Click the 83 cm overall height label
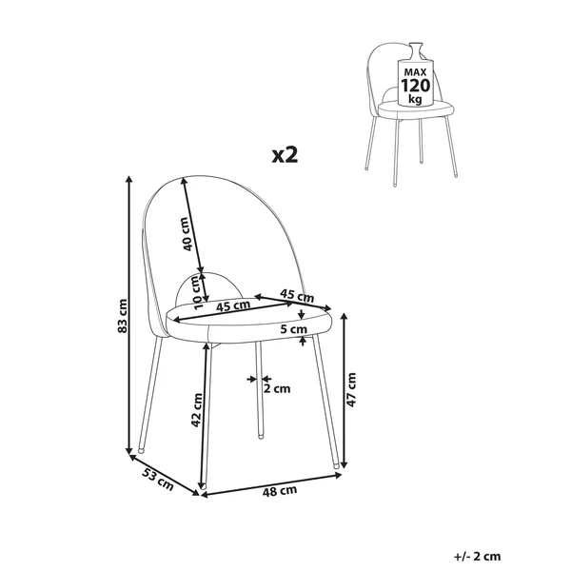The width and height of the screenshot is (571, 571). (123, 316)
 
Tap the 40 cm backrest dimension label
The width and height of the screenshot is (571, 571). (187, 234)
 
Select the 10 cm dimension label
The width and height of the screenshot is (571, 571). (197, 293)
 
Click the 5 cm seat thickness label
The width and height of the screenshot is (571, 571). (294, 329)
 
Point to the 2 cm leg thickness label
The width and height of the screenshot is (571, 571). (277, 389)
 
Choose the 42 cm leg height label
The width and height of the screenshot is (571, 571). (197, 410)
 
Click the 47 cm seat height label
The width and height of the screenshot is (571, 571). (351, 389)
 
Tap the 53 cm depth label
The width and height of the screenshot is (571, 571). (158, 480)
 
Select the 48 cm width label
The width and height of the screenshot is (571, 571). (280, 491)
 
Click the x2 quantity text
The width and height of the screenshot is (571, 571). (285, 155)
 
